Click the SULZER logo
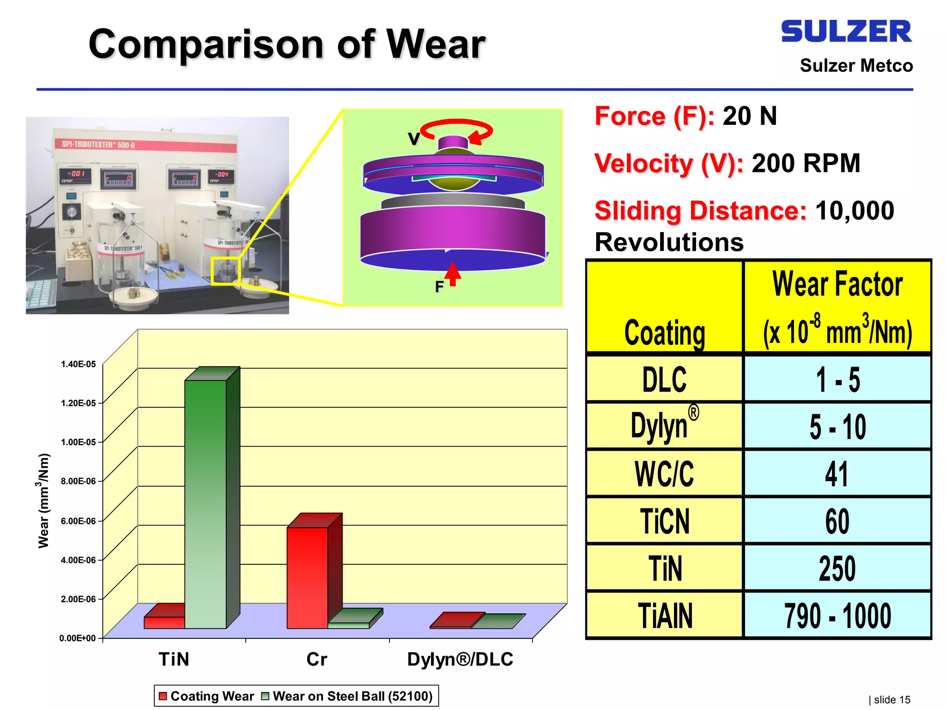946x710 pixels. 846,31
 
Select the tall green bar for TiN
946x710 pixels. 206,504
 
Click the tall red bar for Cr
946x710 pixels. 307,578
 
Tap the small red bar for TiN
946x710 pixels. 164,622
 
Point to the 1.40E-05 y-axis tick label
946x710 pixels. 78,364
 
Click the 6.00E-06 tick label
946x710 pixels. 78,521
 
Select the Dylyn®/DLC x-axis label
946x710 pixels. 460,659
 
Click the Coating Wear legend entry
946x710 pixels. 206,696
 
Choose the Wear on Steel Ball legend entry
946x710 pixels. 347,696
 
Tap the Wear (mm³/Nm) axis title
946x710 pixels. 43,501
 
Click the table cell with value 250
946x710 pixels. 837,568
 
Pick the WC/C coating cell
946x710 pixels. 664,474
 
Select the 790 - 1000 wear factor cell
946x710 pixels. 837,616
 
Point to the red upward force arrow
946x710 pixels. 453,274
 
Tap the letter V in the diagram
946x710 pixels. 413,139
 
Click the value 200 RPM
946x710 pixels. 806,163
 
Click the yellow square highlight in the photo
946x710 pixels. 225,271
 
